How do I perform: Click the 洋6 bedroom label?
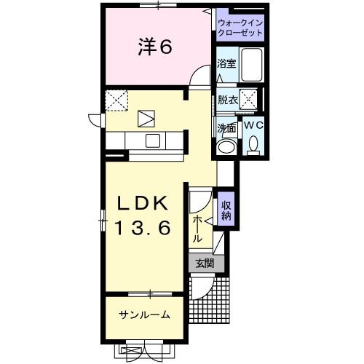click(x=155, y=47)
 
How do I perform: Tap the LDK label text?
click(x=143, y=203)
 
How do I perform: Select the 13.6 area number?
click(x=143, y=228)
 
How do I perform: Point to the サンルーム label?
click(x=144, y=315)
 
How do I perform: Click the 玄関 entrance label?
click(x=206, y=264)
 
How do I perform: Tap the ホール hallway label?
click(x=198, y=228)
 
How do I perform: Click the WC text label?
click(x=253, y=125)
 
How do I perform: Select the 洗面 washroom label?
click(x=226, y=128)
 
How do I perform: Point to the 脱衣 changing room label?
click(x=228, y=100)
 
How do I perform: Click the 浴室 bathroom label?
click(x=226, y=63)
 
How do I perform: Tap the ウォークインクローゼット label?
click(x=240, y=28)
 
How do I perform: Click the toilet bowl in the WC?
click(x=253, y=146)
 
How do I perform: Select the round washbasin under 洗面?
click(x=226, y=146)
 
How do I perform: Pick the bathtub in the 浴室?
click(x=252, y=65)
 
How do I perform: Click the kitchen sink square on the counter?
click(x=153, y=141)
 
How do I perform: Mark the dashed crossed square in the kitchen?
click(x=116, y=100)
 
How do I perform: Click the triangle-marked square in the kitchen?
click(x=146, y=119)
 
